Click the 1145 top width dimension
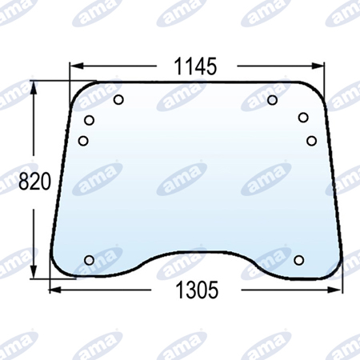pos(195,66)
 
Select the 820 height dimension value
pos(34,182)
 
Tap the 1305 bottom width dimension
pos(197,290)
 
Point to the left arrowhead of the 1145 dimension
pos(76,66)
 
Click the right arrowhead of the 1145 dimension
pos(318,66)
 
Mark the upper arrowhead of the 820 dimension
pos(33,87)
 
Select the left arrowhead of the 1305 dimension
pos(57,290)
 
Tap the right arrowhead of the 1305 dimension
pos(334,290)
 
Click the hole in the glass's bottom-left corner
pos(89,260)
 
